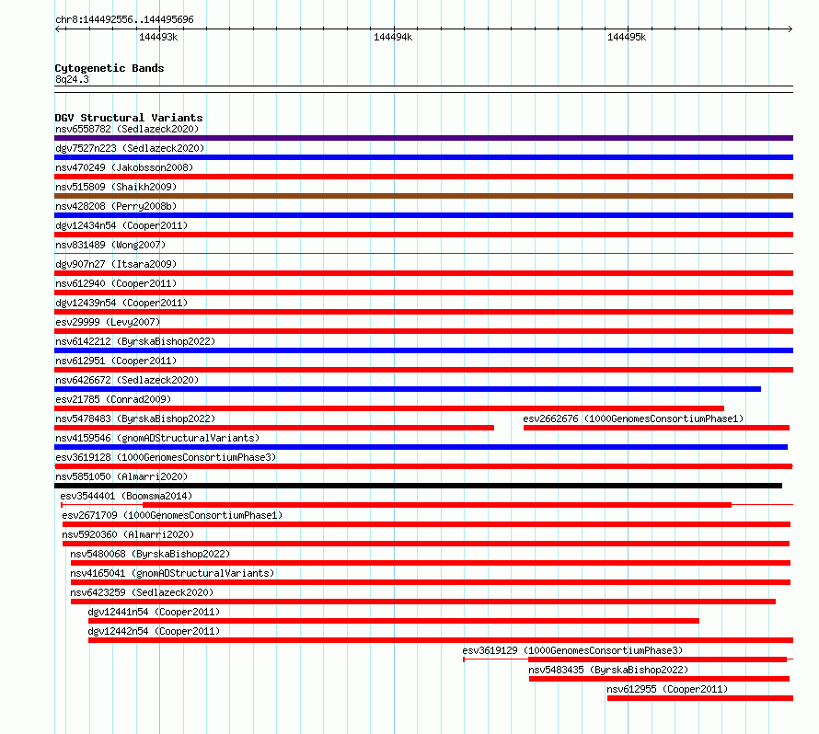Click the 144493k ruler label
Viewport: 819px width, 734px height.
tap(158, 38)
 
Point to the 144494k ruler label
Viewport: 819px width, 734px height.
tap(393, 38)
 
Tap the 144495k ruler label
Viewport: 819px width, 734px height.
tap(627, 38)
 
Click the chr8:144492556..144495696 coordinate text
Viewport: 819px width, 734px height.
tap(124, 19)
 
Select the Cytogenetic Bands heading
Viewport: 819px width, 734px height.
tap(110, 68)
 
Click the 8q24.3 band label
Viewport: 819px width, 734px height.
tap(72, 79)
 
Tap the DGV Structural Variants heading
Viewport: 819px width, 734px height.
tap(129, 118)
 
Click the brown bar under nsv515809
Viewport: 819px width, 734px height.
tap(423, 196)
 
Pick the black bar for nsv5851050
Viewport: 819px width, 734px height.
tap(418, 486)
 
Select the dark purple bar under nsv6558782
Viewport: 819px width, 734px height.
tap(423, 138)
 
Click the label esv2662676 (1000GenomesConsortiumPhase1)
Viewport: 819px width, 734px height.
tap(633, 419)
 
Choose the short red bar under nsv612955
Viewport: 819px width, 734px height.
tap(699, 698)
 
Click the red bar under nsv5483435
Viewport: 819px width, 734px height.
tap(659, 679)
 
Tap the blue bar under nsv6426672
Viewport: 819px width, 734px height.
tap(408, 389)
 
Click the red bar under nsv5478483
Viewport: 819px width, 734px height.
tap(274, 428)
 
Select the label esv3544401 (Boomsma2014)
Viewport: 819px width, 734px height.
tap(126, 496)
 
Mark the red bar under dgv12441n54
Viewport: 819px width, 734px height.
tap(394, 621)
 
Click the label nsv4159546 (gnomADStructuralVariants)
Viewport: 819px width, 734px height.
tap(157, 438)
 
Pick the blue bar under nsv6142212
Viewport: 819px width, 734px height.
tap(423, 350)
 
